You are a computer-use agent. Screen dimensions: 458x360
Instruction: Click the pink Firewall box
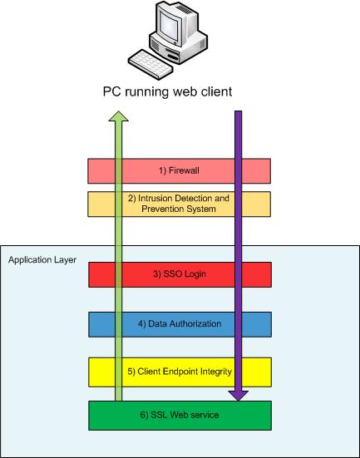(x=180, y=170)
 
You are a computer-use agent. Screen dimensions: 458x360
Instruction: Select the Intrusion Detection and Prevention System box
(x=180, y=204)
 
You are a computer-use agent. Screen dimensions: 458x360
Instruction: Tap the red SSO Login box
(x=180, y=274)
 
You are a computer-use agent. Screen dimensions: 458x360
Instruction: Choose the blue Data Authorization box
(x=180, y=323)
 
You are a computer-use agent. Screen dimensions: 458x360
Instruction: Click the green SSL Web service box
(x=180, y=415)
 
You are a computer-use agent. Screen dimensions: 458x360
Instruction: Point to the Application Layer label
(x=42, y=260)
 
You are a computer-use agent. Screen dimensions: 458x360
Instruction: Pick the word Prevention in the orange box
(x=161, y=209)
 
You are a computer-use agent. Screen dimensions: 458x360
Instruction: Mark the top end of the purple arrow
(x=239, y=113)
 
